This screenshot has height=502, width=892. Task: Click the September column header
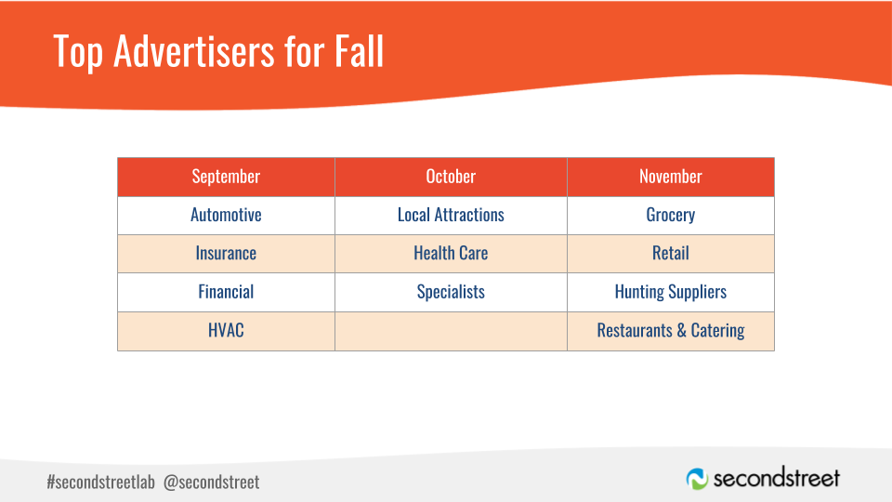pos(226,177)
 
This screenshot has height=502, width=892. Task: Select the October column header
pos(452,177)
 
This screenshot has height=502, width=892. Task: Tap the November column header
pos(671,177)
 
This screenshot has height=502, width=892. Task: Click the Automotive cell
pos(226,215)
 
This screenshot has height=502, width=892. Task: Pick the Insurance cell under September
pos(226,254)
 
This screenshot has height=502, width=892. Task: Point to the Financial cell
pos(226,293)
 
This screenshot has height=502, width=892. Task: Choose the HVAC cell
pos(226,331)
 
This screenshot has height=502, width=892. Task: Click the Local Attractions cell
pos(452,215)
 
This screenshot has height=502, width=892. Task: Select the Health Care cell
pos(452,254)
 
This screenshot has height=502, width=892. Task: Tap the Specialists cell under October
pos(452,293)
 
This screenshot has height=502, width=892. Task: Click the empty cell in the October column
pos(452,331)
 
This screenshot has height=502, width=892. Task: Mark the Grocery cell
pos(671,215)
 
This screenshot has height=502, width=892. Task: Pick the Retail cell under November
pos(671,254)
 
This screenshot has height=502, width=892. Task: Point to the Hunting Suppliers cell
pos(671,293)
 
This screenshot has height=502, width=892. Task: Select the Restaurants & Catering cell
pos(671,331)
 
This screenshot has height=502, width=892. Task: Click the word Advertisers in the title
pos(194,51)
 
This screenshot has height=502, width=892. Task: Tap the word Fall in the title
pos(359,51)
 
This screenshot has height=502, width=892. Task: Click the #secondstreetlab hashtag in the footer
pos(100,482)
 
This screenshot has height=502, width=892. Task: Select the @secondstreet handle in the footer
pos(211,482)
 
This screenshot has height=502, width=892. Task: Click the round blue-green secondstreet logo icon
pos(697,479)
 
